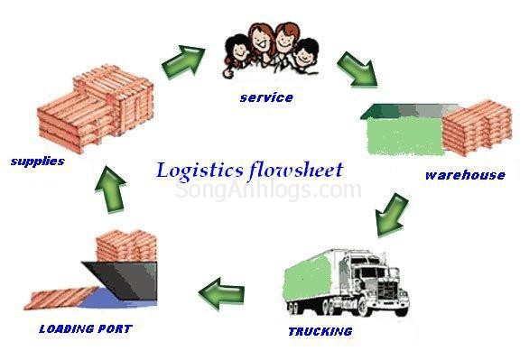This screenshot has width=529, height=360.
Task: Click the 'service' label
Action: click(266, 97)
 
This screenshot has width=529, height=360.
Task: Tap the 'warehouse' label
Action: click(465, 175)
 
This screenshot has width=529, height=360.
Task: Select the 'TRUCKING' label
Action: click(320, 331)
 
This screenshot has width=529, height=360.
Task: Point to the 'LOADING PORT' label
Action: click(85, 328)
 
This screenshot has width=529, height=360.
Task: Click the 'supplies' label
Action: click(37, 162)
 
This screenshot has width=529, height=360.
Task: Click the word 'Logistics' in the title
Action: click(200, 170)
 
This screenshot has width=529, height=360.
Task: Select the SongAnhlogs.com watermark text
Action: click(268, 190)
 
